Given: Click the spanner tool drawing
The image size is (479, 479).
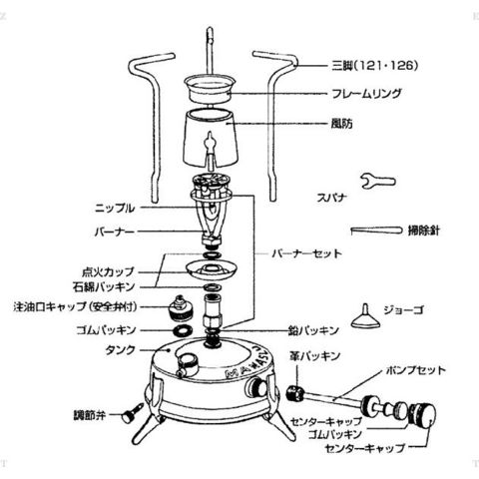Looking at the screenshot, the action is pos(378,182).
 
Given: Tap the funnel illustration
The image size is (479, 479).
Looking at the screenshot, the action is pos(366,317).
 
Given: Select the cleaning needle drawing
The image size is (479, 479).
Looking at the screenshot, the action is pos(376,231).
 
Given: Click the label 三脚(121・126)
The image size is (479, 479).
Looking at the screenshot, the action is pos(374,66).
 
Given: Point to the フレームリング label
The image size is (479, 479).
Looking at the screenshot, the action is pos(366,94).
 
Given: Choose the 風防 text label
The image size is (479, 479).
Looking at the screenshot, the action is pos(342,124).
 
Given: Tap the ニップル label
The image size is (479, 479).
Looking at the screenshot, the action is pos(115,209).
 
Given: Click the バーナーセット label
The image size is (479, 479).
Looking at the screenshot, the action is pos(306,253).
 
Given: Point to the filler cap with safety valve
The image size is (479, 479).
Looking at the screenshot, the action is pos(181,308).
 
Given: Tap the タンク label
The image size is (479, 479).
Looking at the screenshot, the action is pos(121,350).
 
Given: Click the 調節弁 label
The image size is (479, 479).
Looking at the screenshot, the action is pos(90,415).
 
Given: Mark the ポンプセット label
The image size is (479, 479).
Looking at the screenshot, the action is pos(415,370).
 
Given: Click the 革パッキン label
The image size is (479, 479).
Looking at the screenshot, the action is pos(315,356).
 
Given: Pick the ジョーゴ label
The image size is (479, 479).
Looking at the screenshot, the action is pos(403,310).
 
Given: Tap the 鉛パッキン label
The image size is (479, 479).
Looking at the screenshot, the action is pos(313,330).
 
